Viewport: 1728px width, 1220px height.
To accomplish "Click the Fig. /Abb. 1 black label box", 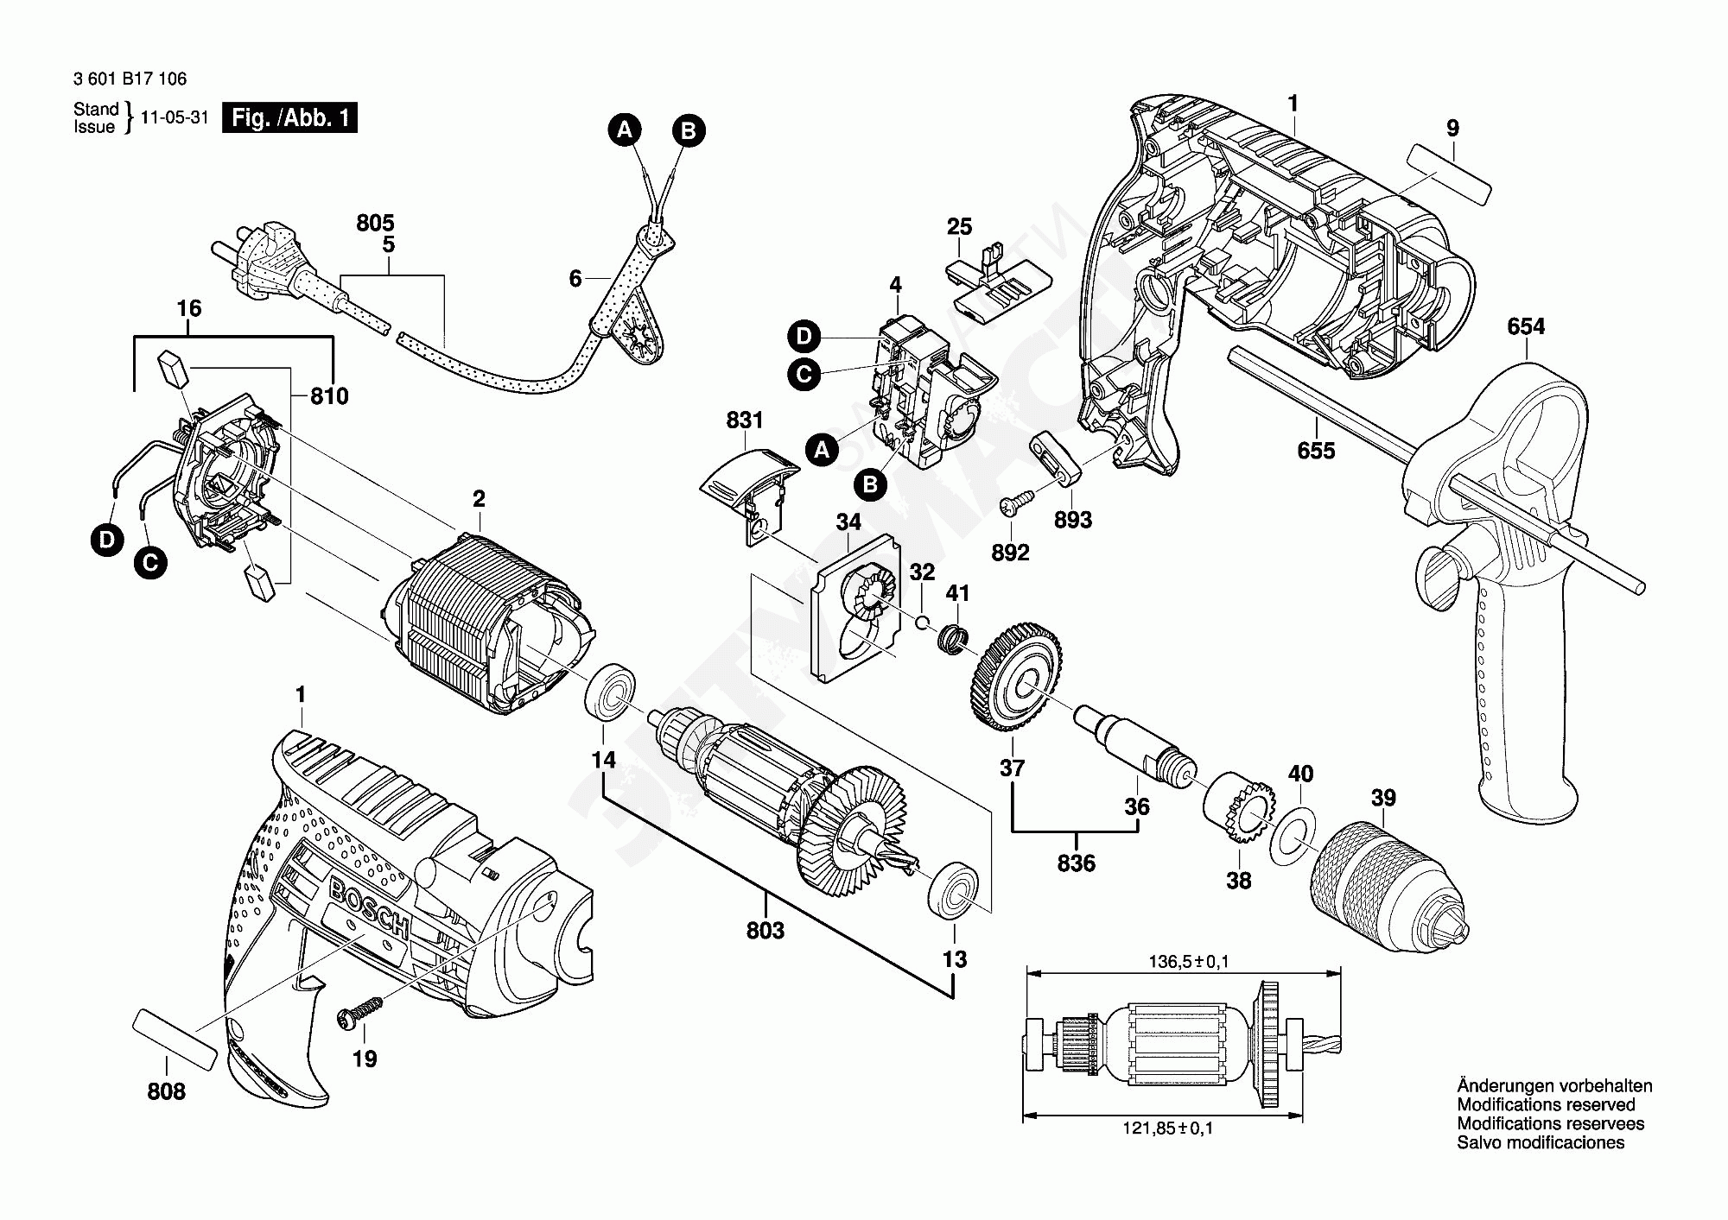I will [289, 117].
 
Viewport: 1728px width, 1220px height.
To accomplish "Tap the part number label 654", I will [1526, 326].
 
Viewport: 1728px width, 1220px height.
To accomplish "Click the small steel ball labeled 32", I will [923, 623].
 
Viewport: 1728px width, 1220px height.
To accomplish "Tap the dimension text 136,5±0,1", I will [1188, 962].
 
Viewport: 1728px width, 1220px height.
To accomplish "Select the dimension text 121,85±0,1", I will [1167, 1128].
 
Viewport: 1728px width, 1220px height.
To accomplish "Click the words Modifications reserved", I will [1546, 1104].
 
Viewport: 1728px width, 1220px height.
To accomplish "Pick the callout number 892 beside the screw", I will [1010, 553].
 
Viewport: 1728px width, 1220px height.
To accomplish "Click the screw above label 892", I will [1016, 502].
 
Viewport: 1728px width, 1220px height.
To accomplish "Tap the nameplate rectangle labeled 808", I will [175, 1039].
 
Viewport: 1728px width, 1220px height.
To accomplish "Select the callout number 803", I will [766, 930].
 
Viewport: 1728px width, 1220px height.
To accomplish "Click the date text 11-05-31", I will [175, 117].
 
